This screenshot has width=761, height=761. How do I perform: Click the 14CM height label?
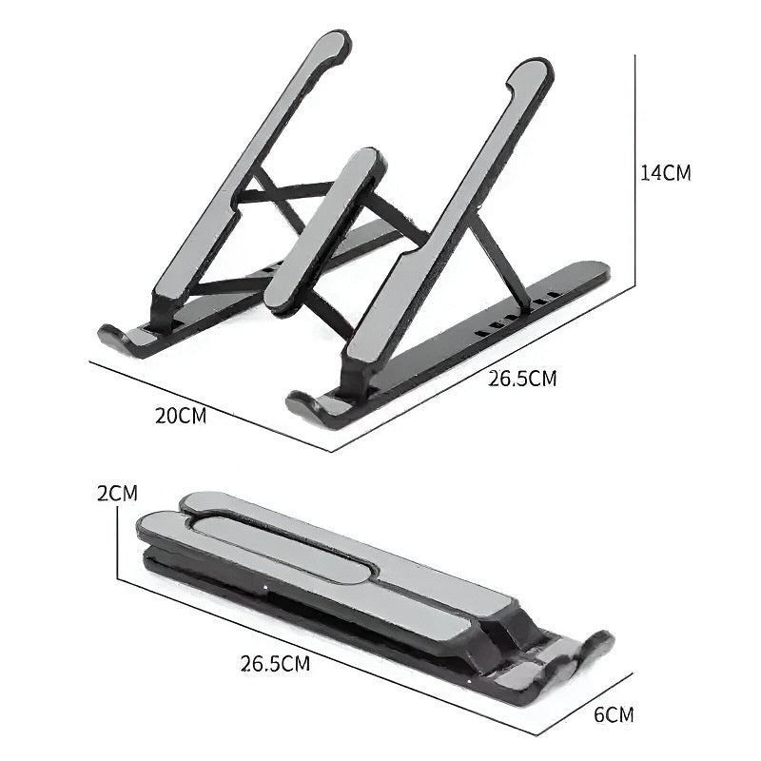(666, 173)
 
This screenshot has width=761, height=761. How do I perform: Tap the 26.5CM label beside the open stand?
(522, 378)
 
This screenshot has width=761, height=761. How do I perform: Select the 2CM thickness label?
(117, 493)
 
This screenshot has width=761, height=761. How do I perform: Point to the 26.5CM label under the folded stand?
(275, 662)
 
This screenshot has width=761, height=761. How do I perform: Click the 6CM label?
(614, 713)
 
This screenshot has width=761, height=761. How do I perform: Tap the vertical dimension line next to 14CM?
(634, 171)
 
